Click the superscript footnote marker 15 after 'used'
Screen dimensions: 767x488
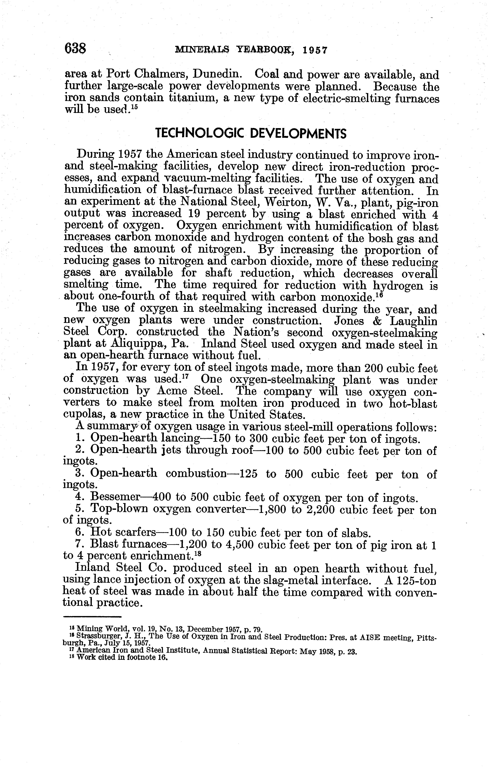coord(134,107)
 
